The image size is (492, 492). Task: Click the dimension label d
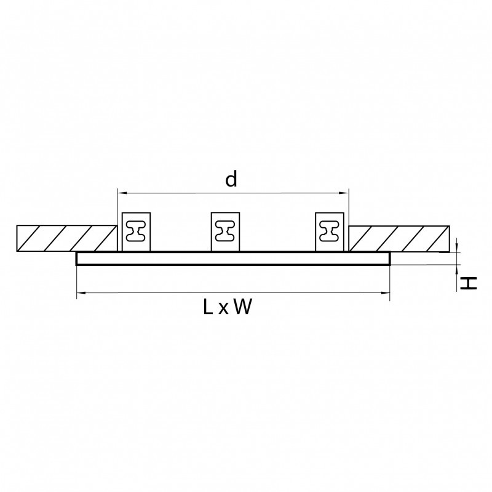click(x=231, y=179)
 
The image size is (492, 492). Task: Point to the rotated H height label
click(x=469, y=283)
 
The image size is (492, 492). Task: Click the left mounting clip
click(x=136, y=232)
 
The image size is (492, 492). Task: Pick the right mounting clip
click(x=330, y=232)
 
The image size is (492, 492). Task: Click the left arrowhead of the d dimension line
click(x=121, y=192)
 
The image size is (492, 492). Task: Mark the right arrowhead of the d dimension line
click(x=346, y=192)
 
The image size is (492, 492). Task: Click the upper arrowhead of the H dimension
click(x=458, y=248)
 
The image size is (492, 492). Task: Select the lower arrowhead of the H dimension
click(x=458, y=268)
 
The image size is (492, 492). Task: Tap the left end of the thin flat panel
click(x=78, y=259)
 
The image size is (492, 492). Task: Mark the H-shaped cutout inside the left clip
click(x=136, y=232)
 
